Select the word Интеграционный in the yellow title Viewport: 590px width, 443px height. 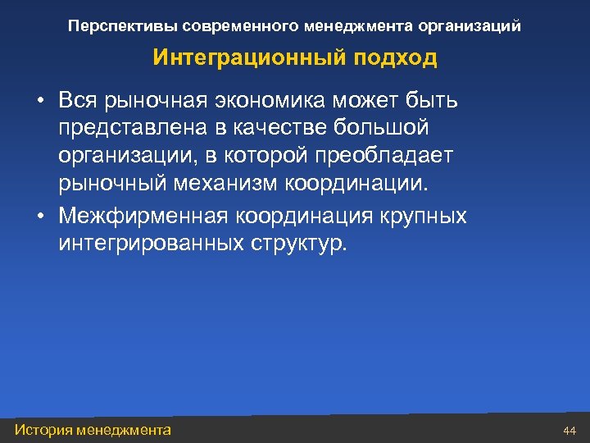click(237, 59)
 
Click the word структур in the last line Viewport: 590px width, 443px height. click(297, 244)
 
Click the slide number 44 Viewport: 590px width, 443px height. click(570, 431)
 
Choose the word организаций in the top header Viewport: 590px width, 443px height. click(469, 26)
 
